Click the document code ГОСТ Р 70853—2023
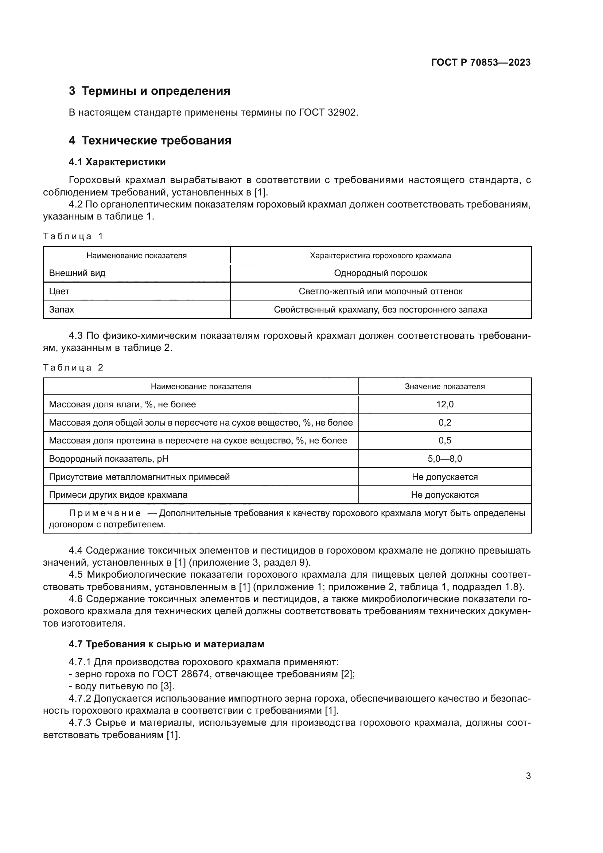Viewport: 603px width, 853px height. point(481,62)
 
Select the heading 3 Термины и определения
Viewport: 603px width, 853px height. point(149,91)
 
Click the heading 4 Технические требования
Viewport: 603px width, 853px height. point(149,141)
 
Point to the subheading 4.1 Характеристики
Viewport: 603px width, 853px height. point(117,162)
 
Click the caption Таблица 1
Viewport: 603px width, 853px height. point(73,236)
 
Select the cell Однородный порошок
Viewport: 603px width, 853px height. point(381,274)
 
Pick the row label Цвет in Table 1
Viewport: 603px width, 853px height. point(59,292)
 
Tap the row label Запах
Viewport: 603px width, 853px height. point(62,310)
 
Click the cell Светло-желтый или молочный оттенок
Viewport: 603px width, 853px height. point(381,292)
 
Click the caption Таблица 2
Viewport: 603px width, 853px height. point(73,368)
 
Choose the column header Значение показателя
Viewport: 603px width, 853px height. point(444,386)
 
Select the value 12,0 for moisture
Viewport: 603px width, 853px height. point(444,404)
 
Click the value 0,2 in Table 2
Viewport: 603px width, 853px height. point(444,422)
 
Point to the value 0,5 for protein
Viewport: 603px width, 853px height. point(444,441)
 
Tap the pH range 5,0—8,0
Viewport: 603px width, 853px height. point(444,459)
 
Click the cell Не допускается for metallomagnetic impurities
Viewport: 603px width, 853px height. point(444,477)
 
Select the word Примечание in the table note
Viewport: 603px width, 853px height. point(105,513)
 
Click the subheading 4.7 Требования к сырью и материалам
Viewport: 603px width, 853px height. point(166,644)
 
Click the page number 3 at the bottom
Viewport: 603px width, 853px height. point(528,776)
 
